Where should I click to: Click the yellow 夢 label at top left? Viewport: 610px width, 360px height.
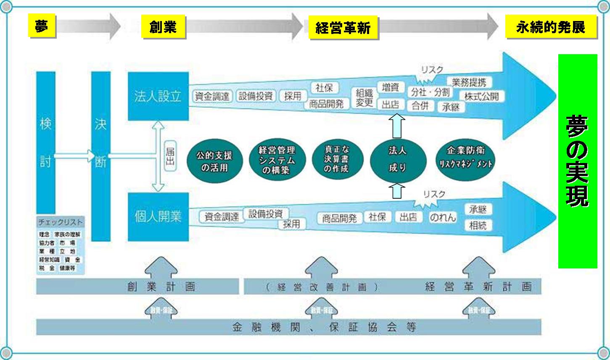42,26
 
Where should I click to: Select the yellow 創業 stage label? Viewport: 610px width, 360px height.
163,27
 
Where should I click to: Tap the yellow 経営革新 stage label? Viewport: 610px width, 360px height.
343,28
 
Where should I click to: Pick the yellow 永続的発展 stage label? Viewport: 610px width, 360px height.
551,27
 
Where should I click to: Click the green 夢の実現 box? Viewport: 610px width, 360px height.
577,161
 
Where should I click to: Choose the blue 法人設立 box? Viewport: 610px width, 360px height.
158,96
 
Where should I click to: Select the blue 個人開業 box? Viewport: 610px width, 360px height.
158,217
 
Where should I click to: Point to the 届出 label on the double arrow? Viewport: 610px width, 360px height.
170,155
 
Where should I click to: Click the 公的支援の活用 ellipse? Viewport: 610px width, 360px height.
214,161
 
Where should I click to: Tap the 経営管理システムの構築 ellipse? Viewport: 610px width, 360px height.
277,160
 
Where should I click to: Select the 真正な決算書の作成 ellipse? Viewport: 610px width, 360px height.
336,159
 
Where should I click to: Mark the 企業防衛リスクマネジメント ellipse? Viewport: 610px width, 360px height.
465,158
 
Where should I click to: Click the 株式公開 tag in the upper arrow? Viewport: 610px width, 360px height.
481,96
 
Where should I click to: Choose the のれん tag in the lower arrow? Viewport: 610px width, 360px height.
442,217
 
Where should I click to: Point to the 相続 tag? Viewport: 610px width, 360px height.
478,225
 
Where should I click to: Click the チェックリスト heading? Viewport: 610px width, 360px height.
60,222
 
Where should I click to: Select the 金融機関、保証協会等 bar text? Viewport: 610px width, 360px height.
324,327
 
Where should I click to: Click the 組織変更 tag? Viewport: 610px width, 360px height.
364,97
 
